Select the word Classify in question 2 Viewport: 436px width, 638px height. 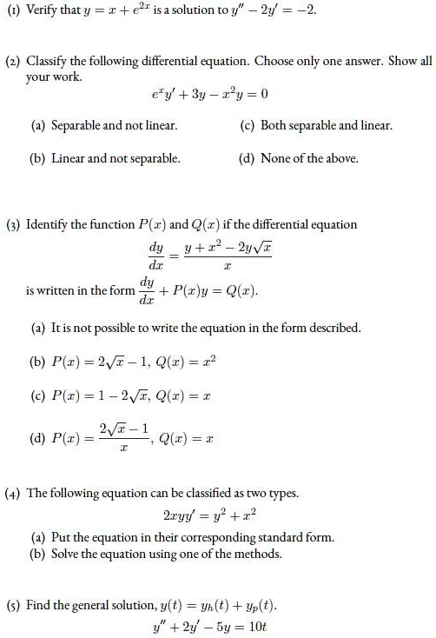[46, 63]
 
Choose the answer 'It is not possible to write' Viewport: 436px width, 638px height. [196, 328]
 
